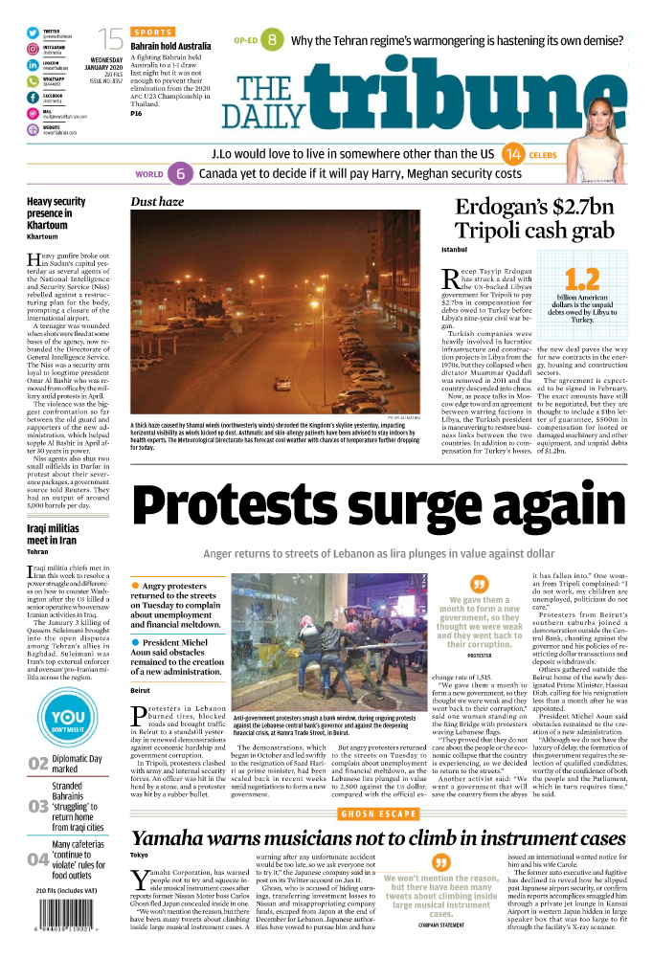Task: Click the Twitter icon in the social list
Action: pos(33,33)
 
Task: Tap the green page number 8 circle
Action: pos(273,40)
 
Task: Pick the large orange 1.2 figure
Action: pos(582,279)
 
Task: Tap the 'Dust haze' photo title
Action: pos(157,202)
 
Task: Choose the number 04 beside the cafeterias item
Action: pos(38,858)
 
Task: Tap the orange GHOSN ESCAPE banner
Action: pos(378,813)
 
